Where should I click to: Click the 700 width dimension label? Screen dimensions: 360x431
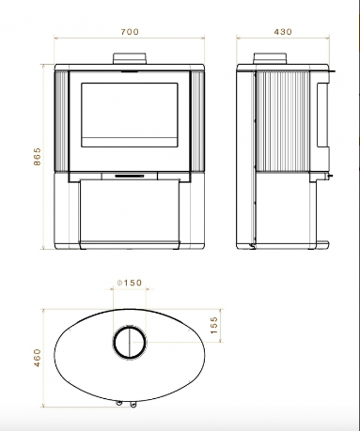point(130,32)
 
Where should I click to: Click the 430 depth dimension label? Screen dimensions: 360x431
point(283,32)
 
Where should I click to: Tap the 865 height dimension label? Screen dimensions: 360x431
point(37,157)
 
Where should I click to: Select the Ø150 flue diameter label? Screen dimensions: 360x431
point(130,283)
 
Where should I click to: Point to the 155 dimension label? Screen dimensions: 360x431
point(213,325)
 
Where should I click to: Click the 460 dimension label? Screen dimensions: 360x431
point(37,358)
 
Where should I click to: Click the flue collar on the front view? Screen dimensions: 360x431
point(130,58)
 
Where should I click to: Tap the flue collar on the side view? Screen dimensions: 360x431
point(270,58)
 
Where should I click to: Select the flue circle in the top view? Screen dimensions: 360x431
point(130,342)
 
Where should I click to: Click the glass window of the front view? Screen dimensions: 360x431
point(130,115)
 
